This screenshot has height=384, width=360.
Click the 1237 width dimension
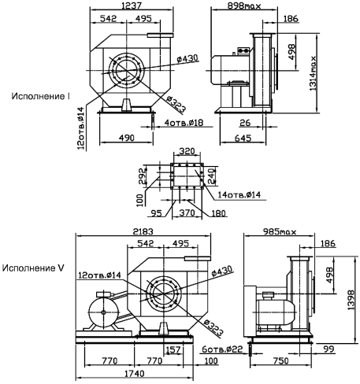(x=132, y=6)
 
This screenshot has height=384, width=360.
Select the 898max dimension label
(x=244, y=6)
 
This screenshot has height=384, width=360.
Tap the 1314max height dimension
(x=313, y=73)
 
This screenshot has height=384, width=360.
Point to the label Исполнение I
(x=41, y=96)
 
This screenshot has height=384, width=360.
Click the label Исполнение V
(x=33, y=268)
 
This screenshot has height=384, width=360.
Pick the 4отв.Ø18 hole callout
(x=184, y=123)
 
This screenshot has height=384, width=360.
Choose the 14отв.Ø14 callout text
(x=239, y=194)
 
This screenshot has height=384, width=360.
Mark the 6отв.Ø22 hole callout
(x=222, y=349)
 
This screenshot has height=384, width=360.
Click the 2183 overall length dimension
(x=143, y=231)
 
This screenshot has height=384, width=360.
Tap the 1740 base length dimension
(x=135, y=374)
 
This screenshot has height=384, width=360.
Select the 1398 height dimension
(x=351, y=300)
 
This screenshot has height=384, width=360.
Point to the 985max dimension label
(x=280, y=232)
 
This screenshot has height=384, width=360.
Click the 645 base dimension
(x=243, y=138)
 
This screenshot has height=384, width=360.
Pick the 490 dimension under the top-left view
(x=126, y=138)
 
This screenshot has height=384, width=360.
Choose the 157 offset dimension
(x=173, y=349)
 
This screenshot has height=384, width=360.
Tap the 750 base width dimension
(x=280, y=361)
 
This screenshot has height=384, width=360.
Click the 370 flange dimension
(x=187, y=212)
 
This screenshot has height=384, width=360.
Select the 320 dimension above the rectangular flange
(x=187, y=151)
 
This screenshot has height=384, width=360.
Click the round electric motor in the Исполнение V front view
(x=103, y=312)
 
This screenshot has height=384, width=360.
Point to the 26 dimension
(x=245, y=123)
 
